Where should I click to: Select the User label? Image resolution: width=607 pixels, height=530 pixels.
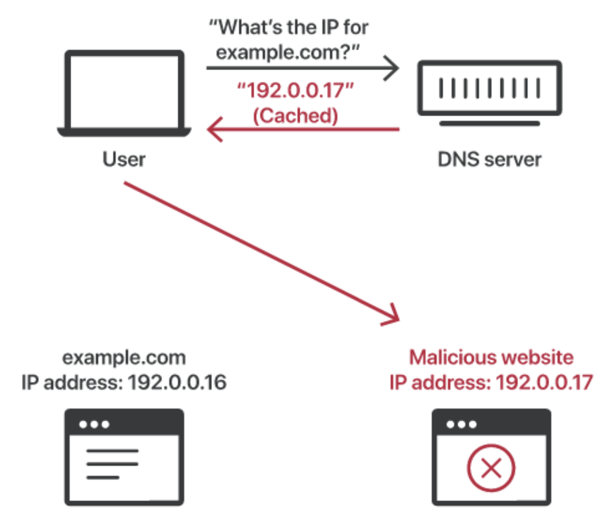click(x=124, y=160)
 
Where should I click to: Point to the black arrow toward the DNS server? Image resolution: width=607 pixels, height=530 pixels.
click(x=302, y=68)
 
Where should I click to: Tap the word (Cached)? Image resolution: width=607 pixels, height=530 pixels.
click(x=295, y=116)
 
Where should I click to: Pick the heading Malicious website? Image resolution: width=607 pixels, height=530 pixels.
click(x=491, y=357)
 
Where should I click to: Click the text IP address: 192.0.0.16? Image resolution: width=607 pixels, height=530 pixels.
click(x=124, y=382)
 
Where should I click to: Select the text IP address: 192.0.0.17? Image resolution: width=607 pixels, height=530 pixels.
click(x=491, y=382)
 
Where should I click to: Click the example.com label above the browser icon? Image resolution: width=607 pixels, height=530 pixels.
click(x=125, y=357)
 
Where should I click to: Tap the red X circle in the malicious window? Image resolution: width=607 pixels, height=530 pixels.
click(x=491, y=470)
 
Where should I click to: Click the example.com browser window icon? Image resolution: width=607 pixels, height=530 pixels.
click(x=124, y=457)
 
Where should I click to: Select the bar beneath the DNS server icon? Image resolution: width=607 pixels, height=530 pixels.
click(x=490, y=123)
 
